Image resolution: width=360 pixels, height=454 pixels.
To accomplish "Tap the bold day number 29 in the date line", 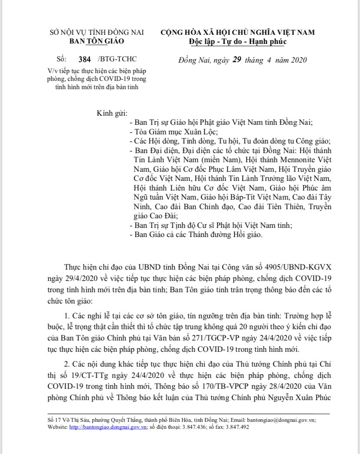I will [x=237, y=60].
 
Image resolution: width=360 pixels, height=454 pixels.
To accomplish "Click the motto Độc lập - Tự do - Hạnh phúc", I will [x=238, y=41].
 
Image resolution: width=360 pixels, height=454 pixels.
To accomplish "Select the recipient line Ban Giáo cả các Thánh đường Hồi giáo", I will [x=197, y=235].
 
